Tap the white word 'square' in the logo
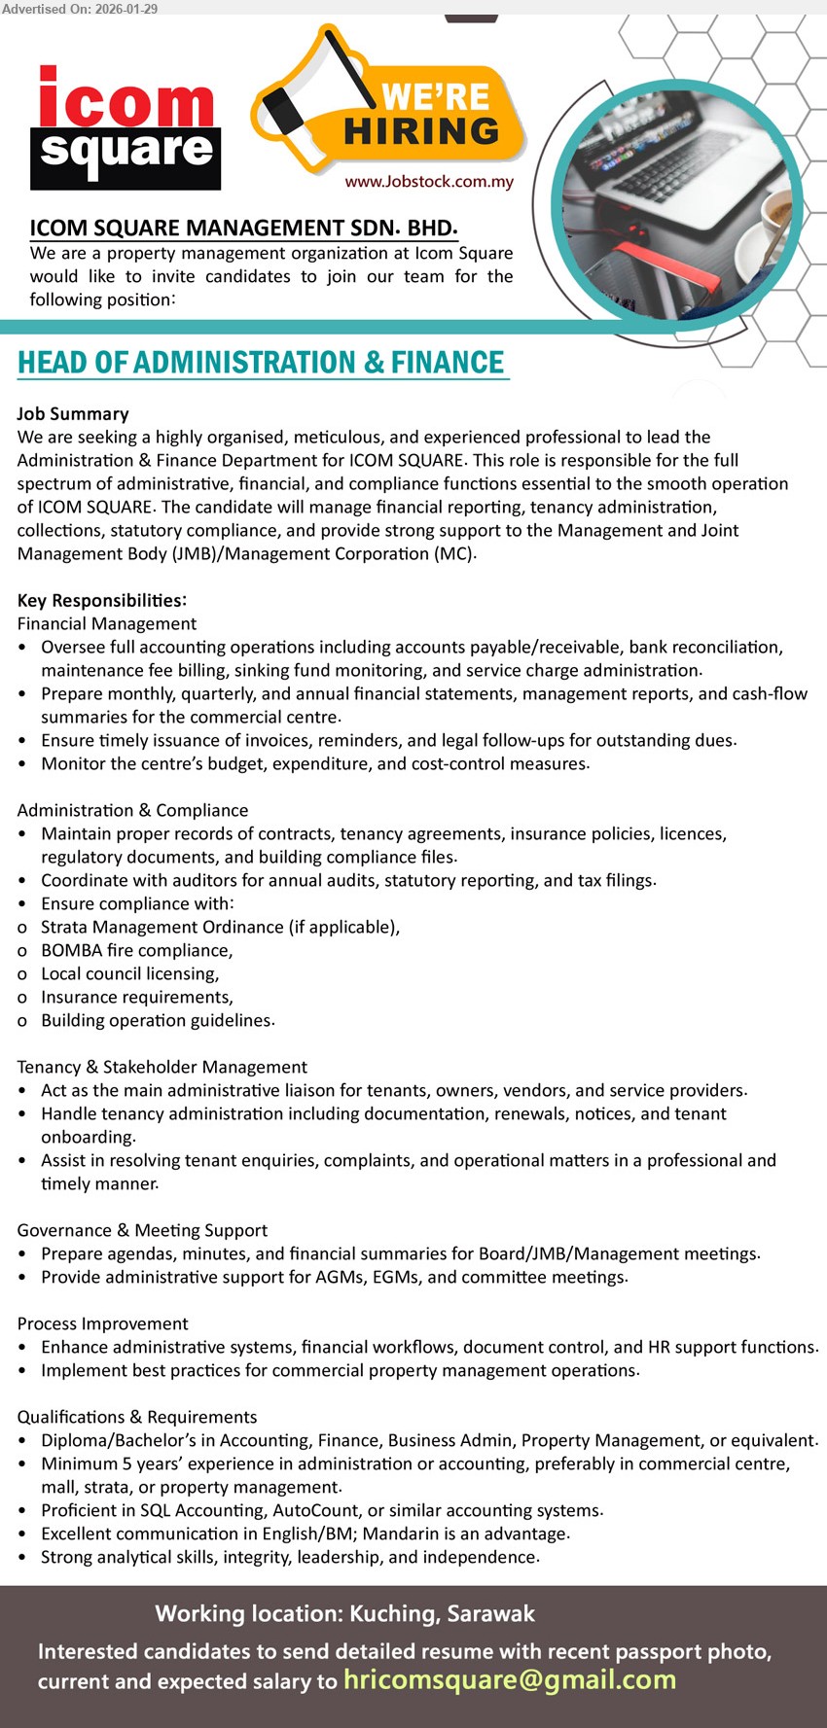tap(126, 152)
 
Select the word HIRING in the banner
tap(421, 131)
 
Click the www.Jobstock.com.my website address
tap(429, 182)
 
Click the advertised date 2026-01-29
tap(126, 9)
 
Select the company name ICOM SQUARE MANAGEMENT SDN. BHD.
tap(243, 229)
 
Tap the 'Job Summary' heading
tap(73, 413)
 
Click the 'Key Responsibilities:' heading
tap(102, 600)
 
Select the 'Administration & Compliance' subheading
tap(132, 810)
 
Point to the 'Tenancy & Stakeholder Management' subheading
tap(162, 1067)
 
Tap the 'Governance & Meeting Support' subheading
tap(142, 1230)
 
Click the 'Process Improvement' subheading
tap(102, 1323)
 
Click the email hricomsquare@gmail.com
tap(509, 1679)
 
